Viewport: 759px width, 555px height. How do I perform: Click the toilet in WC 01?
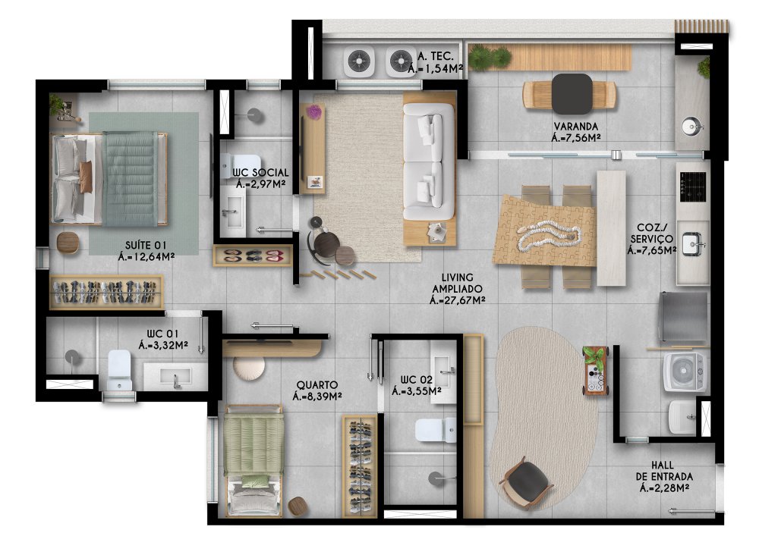[x=119, y=370]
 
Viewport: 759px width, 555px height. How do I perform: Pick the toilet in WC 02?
[x=435, y=430]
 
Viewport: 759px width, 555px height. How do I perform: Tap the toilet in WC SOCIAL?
[x=241, y=165]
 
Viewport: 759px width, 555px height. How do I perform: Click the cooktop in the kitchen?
[x=693, y=187]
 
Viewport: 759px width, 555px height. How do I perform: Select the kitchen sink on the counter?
[x=691, y=243]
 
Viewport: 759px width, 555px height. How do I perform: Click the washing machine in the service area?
[x=685, y=372]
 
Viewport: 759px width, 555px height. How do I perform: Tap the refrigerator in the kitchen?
[x=683, y=317]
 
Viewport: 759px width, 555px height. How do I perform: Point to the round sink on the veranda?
[x=691, y=127]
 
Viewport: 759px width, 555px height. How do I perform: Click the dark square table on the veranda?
[x=572, y=94]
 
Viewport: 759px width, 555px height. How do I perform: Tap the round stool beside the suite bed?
[x=68, y=242]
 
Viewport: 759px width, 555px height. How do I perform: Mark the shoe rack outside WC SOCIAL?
[x=253, y=256]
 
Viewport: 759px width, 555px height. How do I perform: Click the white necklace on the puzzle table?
[x=549, y=236]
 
